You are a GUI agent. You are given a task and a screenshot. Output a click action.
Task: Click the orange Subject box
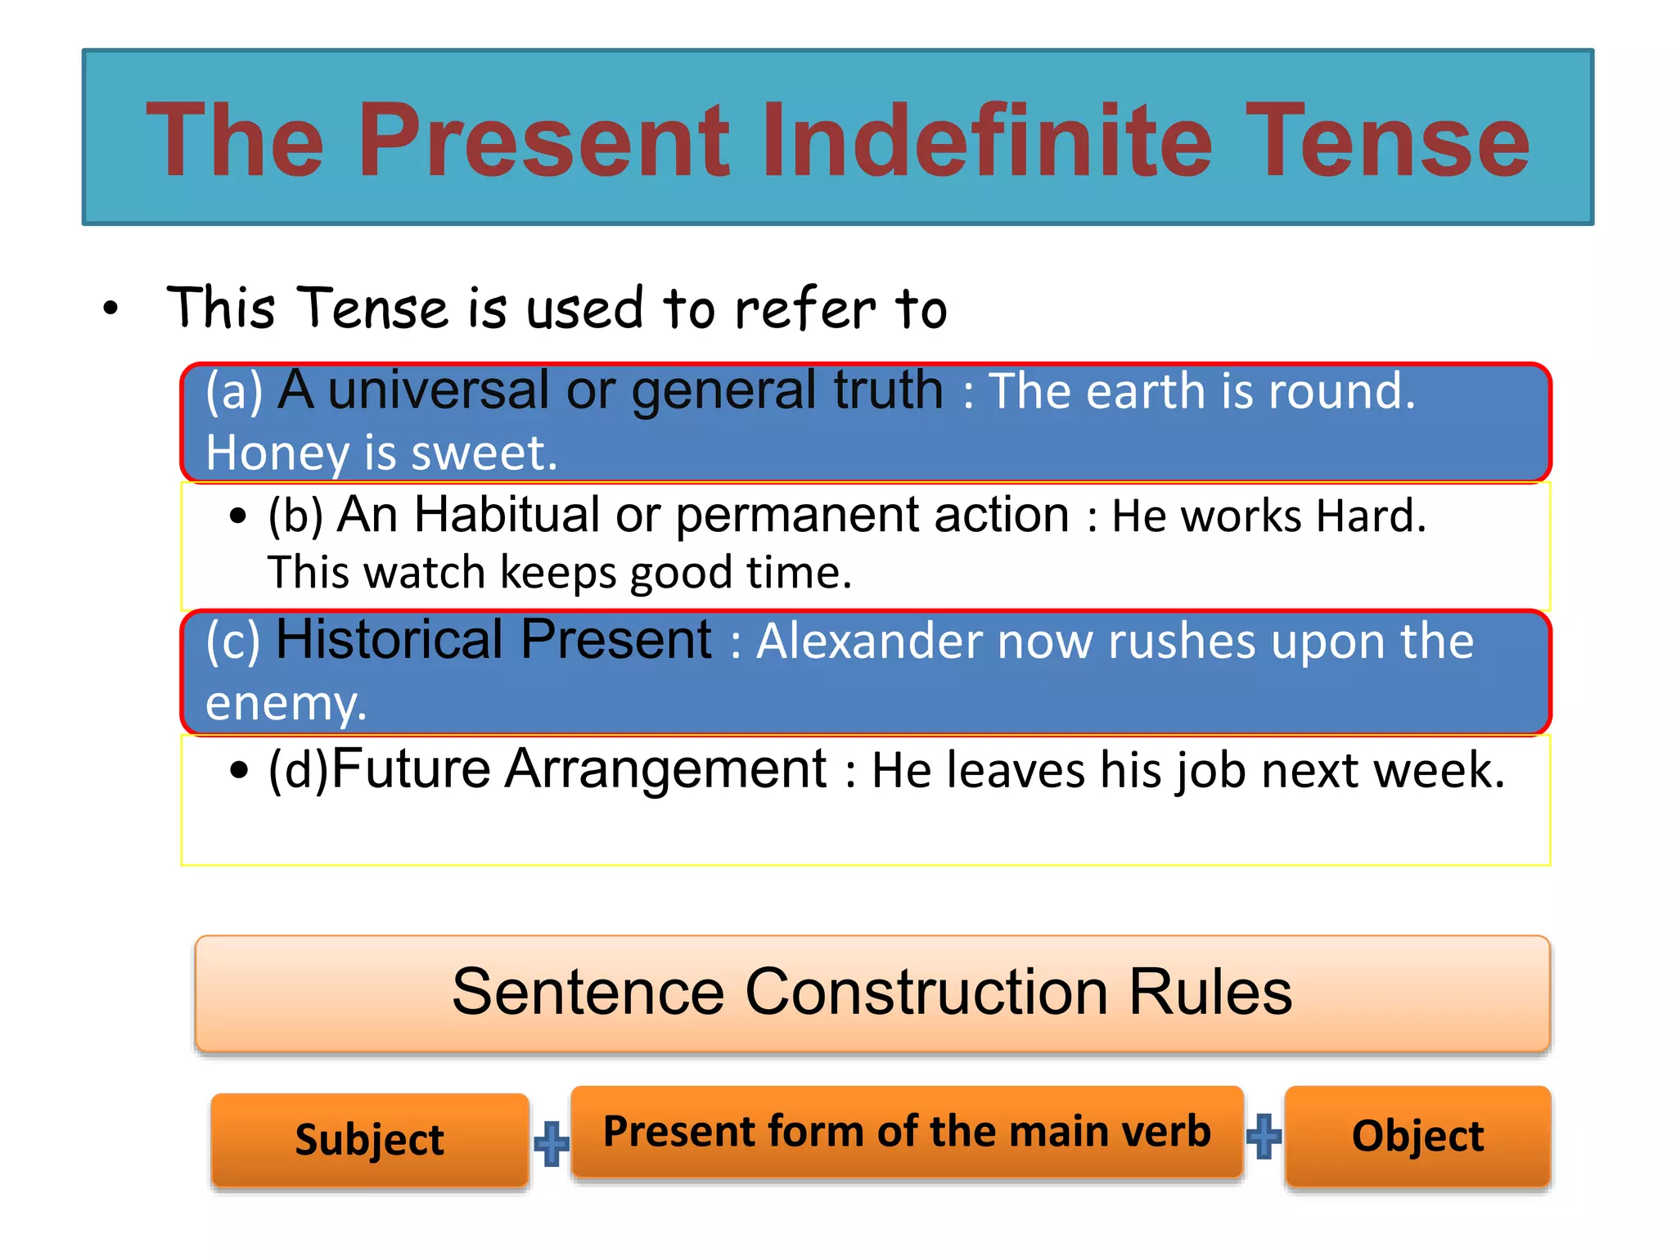coord(370,1140)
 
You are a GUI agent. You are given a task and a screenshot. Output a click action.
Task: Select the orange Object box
coord(1417,1136)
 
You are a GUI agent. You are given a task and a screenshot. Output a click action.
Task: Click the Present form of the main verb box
coord(907,1132)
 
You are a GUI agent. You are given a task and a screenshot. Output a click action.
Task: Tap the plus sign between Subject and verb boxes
coord(551,1142)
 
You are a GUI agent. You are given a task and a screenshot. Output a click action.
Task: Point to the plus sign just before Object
coord(1264,1136)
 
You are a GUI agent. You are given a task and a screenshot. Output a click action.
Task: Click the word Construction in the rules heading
coord(926,992)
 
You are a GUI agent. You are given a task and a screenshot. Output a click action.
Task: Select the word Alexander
coord(868,641)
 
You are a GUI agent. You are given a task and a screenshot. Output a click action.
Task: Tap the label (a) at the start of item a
coord(234,390)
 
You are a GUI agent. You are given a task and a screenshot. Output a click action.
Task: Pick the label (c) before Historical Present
coord(233,641)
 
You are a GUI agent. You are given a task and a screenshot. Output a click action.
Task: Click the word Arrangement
coord(665,770)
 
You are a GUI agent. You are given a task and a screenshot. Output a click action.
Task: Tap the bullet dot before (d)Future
coord(239,770)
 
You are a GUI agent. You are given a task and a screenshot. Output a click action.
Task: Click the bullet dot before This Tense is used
coord(110,309)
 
